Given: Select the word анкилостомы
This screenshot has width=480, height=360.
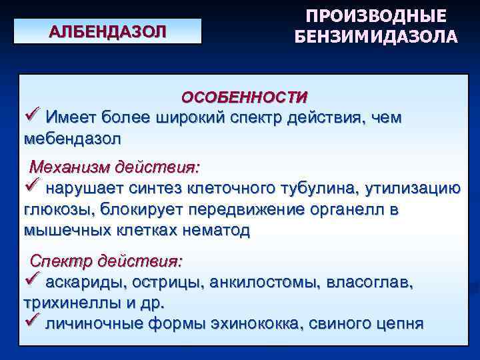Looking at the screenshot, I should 267,281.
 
